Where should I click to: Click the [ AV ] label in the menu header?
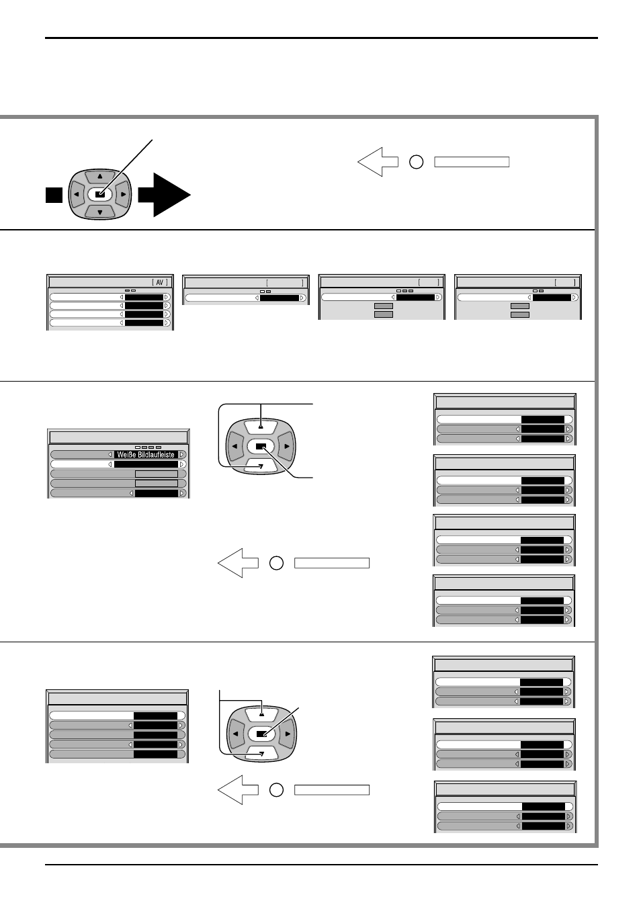click(160, 282)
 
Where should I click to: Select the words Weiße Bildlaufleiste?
click(146, 455)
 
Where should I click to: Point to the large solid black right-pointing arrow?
click(165, 195)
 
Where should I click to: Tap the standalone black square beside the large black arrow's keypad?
click(54, 195)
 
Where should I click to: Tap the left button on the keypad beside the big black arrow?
click(76, 194)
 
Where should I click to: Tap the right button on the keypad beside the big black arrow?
click(123, 194)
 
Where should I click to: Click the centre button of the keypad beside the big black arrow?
click(100, 194)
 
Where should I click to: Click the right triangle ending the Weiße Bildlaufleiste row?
click(182, 455)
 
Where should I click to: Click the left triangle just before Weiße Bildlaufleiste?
click(110, 455)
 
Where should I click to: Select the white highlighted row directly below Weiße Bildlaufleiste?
click(118, 464)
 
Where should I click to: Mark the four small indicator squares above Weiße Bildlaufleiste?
click(148, 447)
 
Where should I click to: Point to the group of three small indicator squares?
click(405, 291)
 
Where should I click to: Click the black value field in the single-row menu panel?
click(280, 298)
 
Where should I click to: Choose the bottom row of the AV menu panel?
click(110, 322)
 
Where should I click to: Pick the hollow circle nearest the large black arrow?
click(417, 162)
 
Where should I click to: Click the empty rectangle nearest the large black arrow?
click(472, 162)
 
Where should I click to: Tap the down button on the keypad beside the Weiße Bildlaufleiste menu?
click(261, 466)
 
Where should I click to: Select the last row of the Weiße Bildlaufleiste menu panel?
click(118, 493)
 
